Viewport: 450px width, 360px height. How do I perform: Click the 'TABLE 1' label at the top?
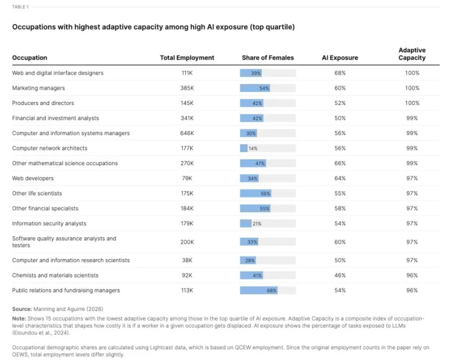pyautogui.click(x=20, y=7)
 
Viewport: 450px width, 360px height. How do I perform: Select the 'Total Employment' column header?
pyautogui.click(x=187, y=58)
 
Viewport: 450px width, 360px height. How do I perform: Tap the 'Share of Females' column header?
pyautogui.click(x=268, y=58)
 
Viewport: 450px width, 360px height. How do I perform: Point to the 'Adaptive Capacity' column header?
pyautogui.click(x=412, y=54)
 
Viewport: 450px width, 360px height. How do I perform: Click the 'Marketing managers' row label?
pyautogui.click(x=38, y=88)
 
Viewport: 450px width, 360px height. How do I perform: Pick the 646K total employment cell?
pyautogui.click(x=187, y=133)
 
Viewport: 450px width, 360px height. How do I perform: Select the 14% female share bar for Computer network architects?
pyautogui.click(x=244, y=148)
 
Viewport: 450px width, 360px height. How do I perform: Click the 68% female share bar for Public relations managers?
pyautogui.click(x=259, y=290)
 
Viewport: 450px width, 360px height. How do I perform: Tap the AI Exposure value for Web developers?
pyautogui.click(x=340, y=178)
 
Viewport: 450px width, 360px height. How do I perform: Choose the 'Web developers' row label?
pyautogui.click(x=33, y=178)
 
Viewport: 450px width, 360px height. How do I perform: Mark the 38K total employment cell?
pyautogui.click(x=187, y=260)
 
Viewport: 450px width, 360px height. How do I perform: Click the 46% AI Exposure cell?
pyautogui.click(x=340, y=275)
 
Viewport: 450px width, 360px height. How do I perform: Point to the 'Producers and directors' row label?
pyautogui.click(x=43, y=103)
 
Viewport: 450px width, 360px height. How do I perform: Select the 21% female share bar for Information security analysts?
pyautogui.click(x=246, y=223)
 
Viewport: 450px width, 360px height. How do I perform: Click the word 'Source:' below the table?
pyautogui.click(x=22, y=309)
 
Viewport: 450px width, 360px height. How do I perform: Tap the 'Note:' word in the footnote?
pyautogui.click(x=19, y=318)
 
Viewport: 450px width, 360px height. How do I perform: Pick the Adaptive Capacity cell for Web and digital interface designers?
pyautogui.click(x=412, y=73)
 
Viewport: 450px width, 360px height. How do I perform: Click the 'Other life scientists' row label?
pyautogui.click(x=37, y=193)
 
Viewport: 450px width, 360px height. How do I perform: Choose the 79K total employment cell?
pyautogui.click(x=187, y=178)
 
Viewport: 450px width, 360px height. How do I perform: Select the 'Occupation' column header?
pyautogui.click(x=29, y=58)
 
